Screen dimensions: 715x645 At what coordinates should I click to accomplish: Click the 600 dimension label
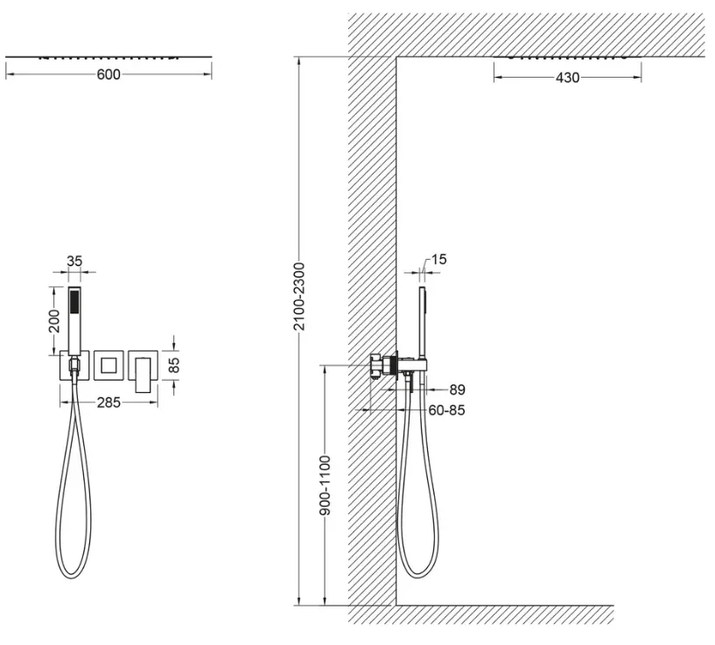[109, 74]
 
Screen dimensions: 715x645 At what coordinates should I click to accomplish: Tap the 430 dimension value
[567, 78]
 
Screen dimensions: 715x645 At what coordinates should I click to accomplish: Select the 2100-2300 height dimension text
[298, 296]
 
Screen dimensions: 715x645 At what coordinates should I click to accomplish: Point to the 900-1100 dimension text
[325, 485]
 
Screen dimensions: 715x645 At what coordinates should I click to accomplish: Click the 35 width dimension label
[74, 262]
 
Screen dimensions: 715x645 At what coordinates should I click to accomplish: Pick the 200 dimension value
[54, 321]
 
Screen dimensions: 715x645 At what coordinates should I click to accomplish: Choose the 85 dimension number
[174, 365]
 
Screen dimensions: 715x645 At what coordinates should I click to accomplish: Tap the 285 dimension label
[109, 403]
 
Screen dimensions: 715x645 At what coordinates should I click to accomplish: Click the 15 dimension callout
[438, 260]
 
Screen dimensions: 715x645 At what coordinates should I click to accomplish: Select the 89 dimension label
[457, 390]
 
